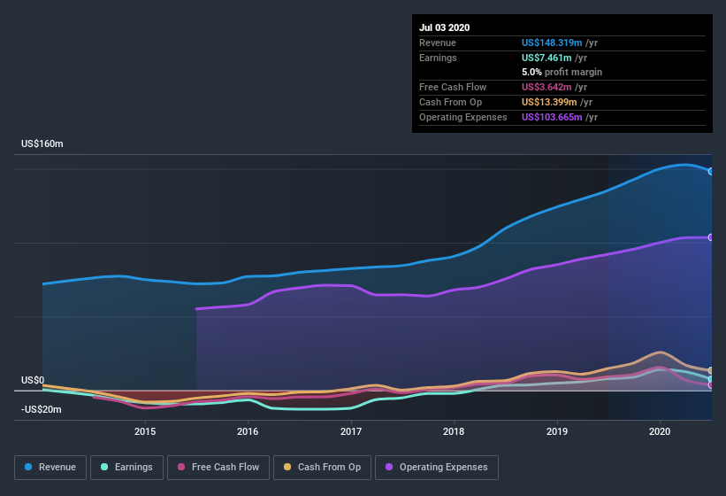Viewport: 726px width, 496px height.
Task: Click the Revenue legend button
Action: [50, 467]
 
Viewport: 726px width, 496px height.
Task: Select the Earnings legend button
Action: [126, 467]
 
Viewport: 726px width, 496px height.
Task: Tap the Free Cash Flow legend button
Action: [218, 467]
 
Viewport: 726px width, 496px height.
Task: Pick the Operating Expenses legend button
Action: [436, 467]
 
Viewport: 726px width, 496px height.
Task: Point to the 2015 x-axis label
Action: [145, 431]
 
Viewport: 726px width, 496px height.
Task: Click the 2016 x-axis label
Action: [248, 431]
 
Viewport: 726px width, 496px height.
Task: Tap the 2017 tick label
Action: [351, 431]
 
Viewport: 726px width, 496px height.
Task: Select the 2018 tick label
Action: [454, 431]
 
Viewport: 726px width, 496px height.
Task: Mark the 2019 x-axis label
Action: [557, 431]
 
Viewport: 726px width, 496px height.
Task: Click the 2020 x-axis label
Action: [660, 431]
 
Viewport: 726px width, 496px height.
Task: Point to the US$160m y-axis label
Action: [42, 143]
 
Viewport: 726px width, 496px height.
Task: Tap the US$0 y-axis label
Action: [33, 380]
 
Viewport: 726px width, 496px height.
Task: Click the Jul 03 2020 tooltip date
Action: [445, 27]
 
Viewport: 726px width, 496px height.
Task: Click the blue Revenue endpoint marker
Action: [711, 171]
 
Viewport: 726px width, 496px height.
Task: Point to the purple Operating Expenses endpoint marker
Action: [711, 237]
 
